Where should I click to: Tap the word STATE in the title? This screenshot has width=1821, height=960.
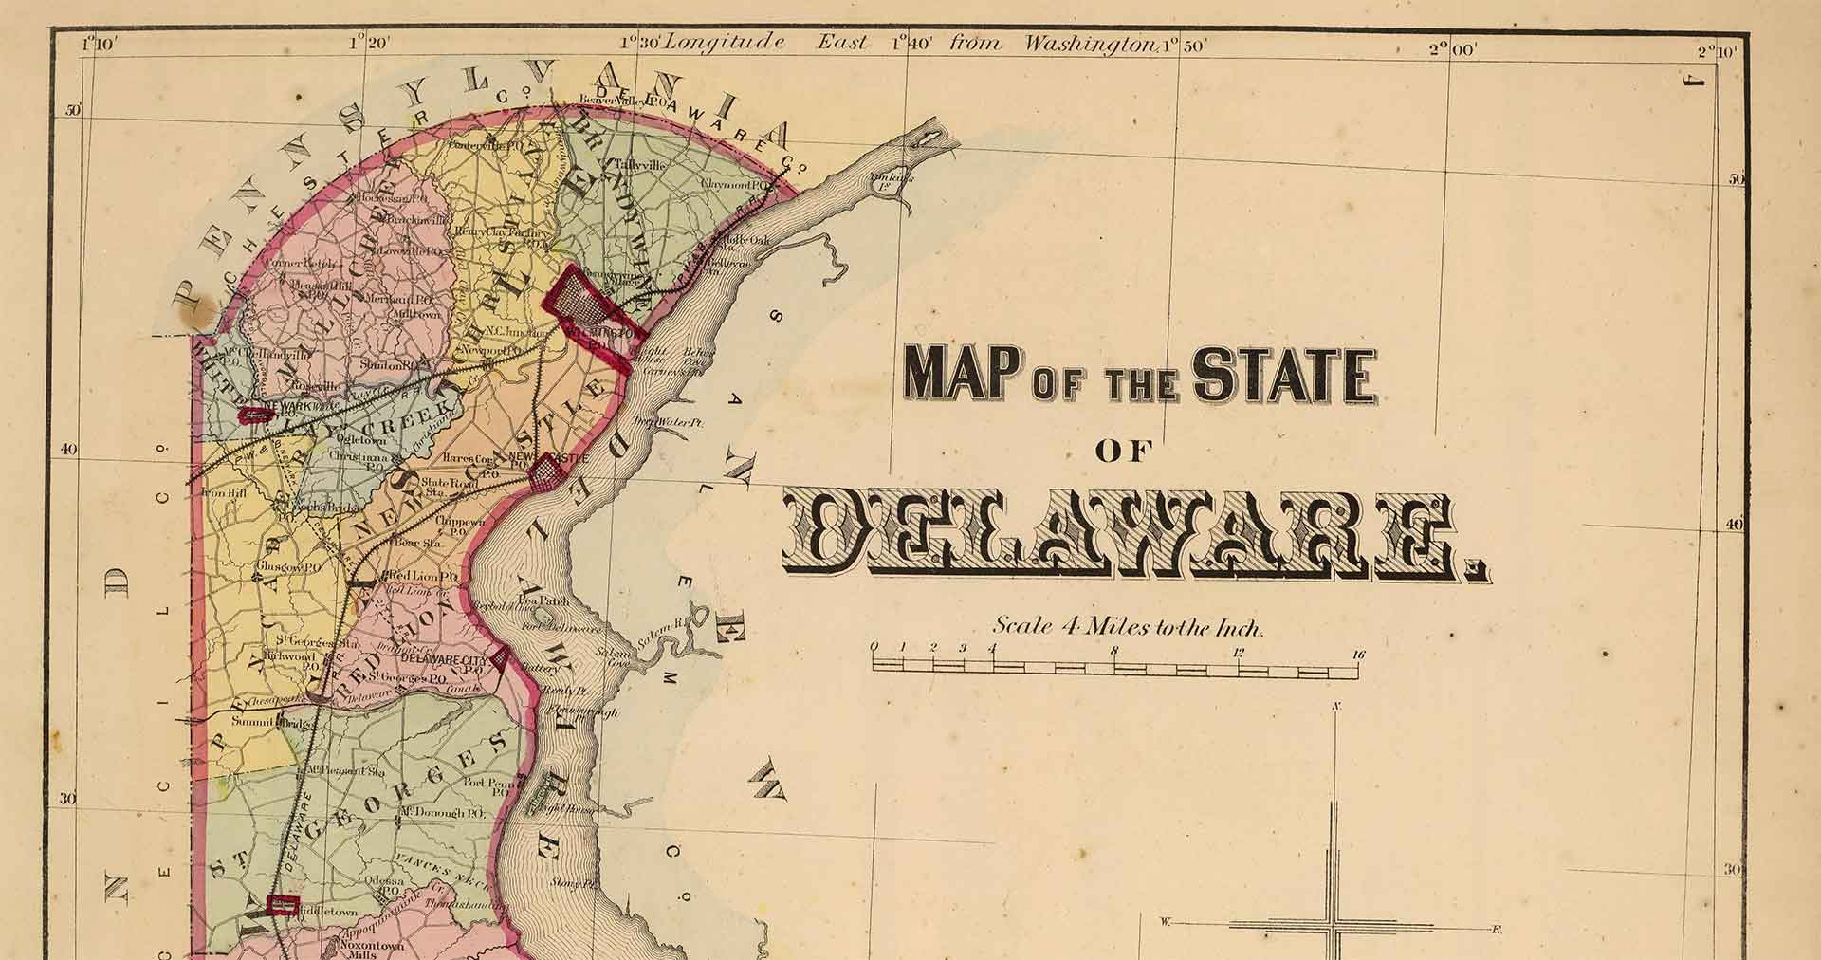point(1283,376)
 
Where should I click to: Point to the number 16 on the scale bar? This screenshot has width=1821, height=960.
point(1358,654)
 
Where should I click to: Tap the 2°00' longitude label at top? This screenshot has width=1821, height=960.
point(1452,48)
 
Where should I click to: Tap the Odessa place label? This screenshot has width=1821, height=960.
point(385,880)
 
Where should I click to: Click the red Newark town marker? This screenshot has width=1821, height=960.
point(253,414)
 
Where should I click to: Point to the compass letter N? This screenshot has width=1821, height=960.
point(1336,706)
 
